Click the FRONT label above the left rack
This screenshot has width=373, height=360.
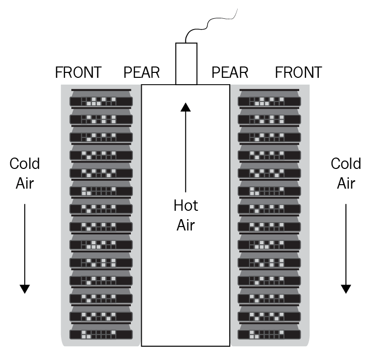coord(78,72)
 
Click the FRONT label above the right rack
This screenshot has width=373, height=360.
coord(299,72)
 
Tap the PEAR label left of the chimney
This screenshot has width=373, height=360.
coord(142,72)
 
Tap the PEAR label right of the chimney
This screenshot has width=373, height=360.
coord(230,72)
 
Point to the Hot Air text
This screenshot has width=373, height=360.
coord(186,215)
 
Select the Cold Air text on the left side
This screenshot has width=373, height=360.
coord(25,173)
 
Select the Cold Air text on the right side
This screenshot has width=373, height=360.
coord(346,173)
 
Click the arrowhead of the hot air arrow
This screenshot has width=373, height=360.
coord(186,107)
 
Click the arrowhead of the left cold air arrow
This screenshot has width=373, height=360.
coord(25,289)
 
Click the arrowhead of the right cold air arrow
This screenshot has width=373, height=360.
coord(346,289)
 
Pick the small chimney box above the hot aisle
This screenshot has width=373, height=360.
coord(186,64)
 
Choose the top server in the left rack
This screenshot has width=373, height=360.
coord(101,98)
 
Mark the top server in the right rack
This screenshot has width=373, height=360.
coord(269,98)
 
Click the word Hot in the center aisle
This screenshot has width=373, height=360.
coord(186,205)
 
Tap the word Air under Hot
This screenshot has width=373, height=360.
coord(186,225)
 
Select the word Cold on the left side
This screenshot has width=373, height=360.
coord(25,164)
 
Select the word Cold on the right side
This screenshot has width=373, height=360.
coord(346,164)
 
